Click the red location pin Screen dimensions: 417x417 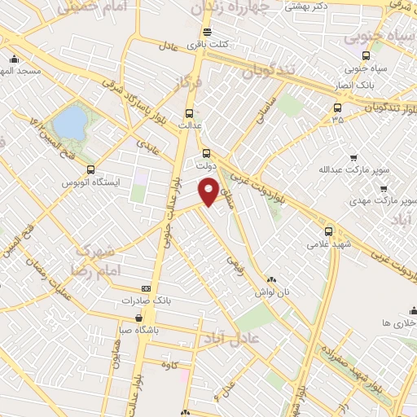coord(209,192)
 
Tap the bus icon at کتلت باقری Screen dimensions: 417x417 coord(207,33)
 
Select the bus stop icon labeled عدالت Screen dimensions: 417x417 coord(190,113)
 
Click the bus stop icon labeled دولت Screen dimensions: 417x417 coord(206,152)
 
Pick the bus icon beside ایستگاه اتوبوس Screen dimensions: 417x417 coord(90,170)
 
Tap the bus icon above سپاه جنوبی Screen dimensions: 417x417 coord(366,55)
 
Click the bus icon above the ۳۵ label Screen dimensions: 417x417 coord(337,108)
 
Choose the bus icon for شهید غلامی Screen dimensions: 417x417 coord(329,230)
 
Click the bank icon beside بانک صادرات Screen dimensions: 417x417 coord(146,288)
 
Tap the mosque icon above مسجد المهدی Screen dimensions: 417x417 coord(14,59)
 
